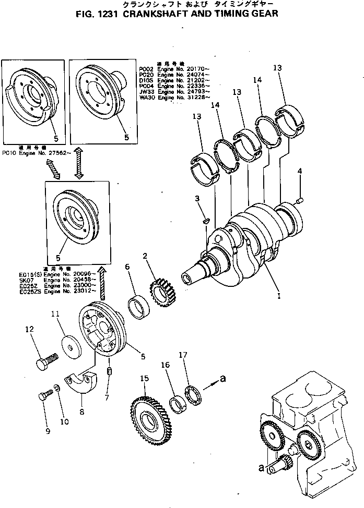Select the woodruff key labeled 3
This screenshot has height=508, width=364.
coord(206,221)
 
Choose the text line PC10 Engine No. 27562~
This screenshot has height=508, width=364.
coord(34,153)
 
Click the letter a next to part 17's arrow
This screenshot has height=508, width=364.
coord(223,380)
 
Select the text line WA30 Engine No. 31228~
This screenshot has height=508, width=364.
coord(175,98)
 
